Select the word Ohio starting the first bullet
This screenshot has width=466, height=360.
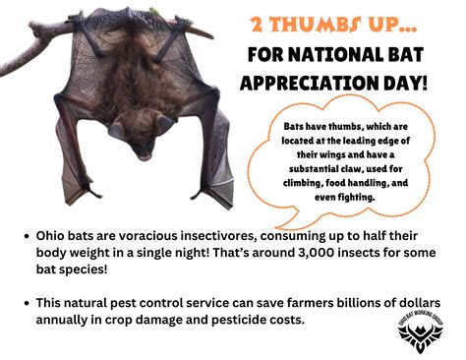54,237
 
